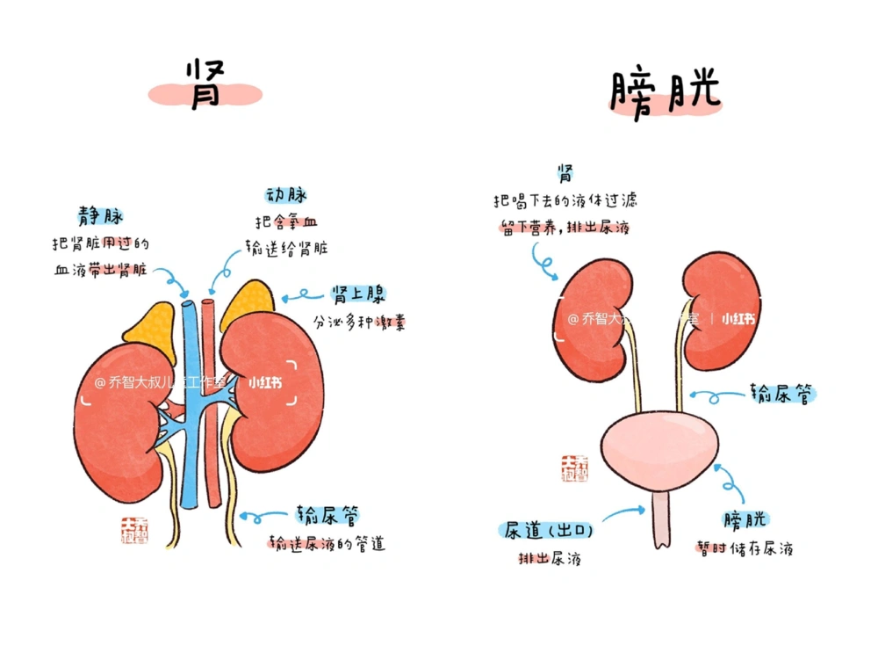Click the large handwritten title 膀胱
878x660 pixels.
point(664,91)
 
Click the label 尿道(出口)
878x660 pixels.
point(549,530)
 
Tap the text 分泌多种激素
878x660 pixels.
point(359,322)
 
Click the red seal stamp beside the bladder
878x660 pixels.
point(575,468)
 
